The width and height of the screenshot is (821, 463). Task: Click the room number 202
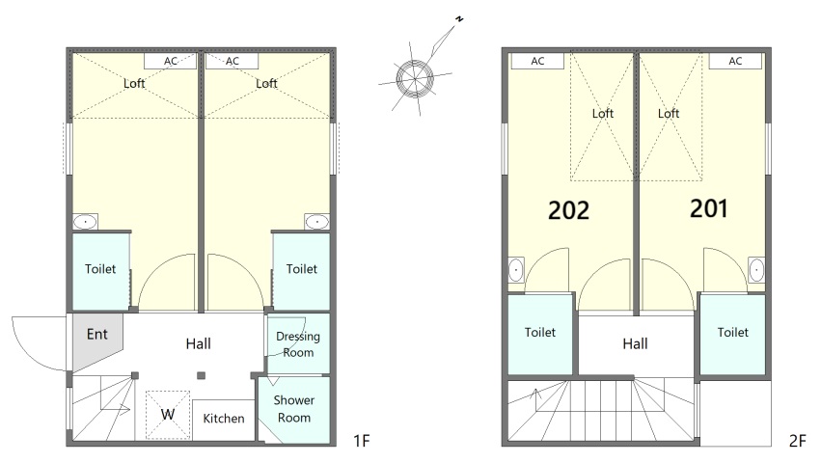(568, 210)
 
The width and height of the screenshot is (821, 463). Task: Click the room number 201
(708, 208)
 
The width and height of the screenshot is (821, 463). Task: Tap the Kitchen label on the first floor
(224, 419)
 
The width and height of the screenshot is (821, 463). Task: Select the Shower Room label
(293, 409)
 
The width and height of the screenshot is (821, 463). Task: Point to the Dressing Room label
(298, 344)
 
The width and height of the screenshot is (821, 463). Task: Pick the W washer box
(168, 415)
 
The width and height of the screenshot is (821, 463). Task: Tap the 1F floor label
(361, 441)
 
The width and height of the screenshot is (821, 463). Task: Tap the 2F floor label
(797, 441)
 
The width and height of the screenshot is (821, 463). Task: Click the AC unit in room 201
(735, 61)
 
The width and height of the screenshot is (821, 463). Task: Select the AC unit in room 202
(537, 61)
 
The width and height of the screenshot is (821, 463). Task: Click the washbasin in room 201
(756, 270)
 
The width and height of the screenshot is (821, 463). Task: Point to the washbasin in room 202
(516, 270)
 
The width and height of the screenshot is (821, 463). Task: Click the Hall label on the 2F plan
(635, 343)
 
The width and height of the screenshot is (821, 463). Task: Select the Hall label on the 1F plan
(199, 343)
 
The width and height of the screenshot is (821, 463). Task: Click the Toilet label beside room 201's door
(733, 332)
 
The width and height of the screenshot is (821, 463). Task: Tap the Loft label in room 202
(603, 113)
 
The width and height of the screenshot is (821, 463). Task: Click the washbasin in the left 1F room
(85, 222)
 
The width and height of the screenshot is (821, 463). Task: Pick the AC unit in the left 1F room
(170, 61)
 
